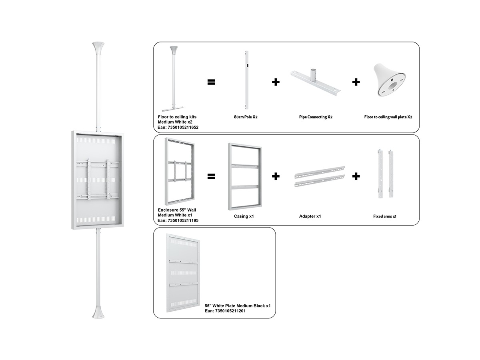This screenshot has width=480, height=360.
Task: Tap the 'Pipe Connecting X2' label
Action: pos(316,117)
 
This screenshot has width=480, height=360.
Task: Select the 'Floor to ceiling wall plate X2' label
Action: pos(388,117)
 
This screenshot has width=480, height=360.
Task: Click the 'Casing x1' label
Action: pos(244,216)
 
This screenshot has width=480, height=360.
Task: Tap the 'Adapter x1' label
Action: pos(310,216)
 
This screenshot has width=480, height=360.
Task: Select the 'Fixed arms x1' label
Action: pos(384,216)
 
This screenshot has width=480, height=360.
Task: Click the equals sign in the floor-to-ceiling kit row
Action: pos(211,82)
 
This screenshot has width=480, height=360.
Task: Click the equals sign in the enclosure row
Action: pos(211,176)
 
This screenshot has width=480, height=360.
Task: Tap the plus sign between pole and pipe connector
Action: pos(276,82)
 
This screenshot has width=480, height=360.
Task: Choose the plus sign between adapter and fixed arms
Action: pos(356,176)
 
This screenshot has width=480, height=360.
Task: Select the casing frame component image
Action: pos(245,176)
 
